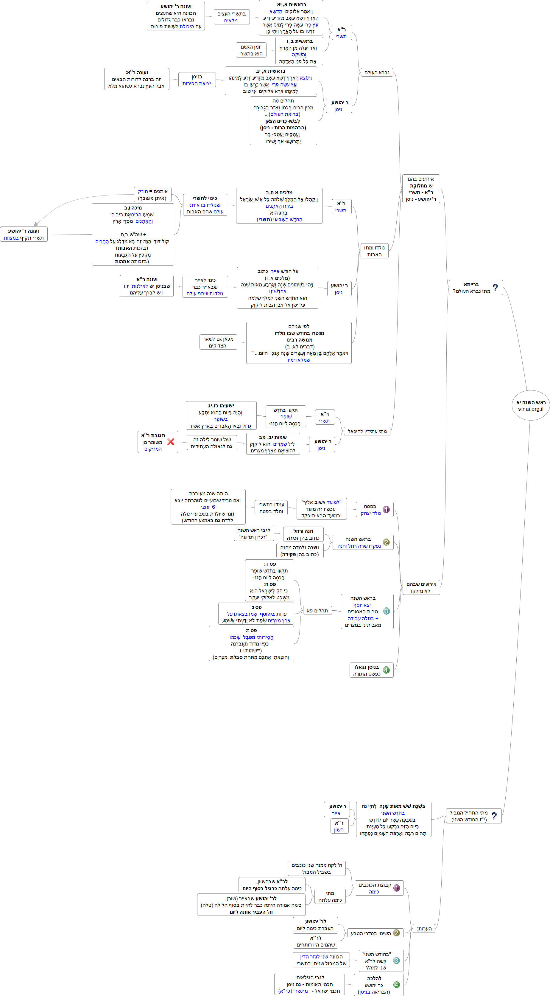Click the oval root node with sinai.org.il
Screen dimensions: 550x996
(x=531, y=405)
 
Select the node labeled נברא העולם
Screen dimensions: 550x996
(x=377, y=72)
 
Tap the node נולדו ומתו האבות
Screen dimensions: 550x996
(x=374, y=251)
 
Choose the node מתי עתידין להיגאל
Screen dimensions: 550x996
(x=367, y=431)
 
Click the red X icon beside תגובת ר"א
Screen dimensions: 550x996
(x=170, y=442)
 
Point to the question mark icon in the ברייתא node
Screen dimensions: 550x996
(x=495, y=287)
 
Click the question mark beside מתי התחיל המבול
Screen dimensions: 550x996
(x=494, y=816)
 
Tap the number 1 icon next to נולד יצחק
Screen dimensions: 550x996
(x=386, y=509)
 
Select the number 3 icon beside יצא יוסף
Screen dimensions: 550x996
(x=386, y=611)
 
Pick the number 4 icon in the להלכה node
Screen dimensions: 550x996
(x=396, y=984)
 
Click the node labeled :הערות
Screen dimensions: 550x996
(x=424, y=928)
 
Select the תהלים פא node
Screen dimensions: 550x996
(x=317, y=611)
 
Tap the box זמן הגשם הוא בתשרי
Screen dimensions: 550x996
(x=251, y=50)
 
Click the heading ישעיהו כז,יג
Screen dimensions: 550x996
(x=221, y=406)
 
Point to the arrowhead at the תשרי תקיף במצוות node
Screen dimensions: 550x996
(x=35, y=224)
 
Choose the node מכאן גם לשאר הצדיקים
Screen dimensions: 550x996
(x=218, y=342)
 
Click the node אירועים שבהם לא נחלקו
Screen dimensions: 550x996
(x=421, y=587)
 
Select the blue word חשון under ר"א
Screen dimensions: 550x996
(x=339, y=830)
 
